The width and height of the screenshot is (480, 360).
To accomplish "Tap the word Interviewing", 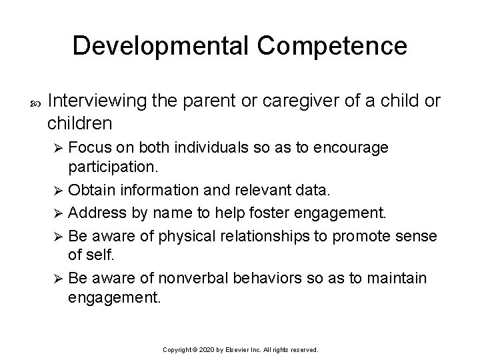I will pos(98,101).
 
